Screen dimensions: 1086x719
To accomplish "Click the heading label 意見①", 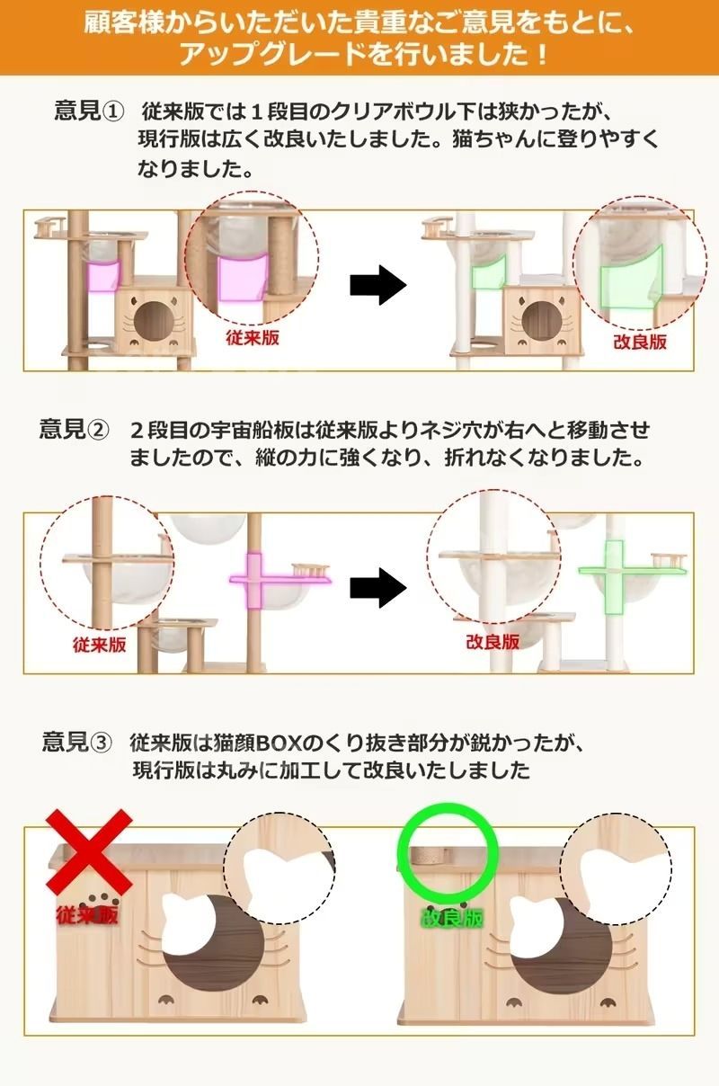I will tap(87, 111).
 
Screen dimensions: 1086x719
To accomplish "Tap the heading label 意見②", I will tap(73, 428).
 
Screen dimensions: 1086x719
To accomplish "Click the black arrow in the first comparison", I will tap(377, 286).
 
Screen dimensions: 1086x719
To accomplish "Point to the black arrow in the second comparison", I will tap(377, 588).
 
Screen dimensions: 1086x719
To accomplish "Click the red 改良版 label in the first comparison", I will tap(639, 342).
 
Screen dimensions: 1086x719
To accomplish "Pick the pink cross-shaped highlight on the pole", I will tap(254, 581).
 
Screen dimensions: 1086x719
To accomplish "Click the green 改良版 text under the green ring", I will tap(452, 918).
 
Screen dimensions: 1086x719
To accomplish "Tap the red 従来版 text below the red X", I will tap(87, 916).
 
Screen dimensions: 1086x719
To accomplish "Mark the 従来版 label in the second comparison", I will tap(99, 645).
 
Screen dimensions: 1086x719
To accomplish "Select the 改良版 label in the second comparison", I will tap(492, 642).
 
